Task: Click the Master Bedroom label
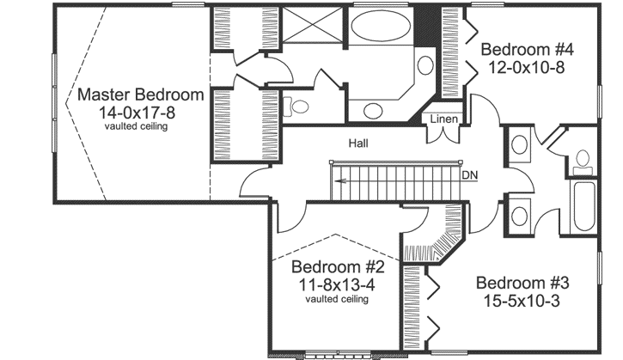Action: tap(140, 95)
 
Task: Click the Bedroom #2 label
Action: tap(337, 265)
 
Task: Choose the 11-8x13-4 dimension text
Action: tap(337, 283)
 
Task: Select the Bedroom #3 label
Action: tap(522, 283)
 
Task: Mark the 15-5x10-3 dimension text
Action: tap(522, 300)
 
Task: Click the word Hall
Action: tap(358, 143)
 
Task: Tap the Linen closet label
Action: tap(443, 119)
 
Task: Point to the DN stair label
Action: tap(469, 175)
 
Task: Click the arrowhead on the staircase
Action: tap(341, 180)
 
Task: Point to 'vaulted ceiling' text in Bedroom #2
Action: tap(337, 299)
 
